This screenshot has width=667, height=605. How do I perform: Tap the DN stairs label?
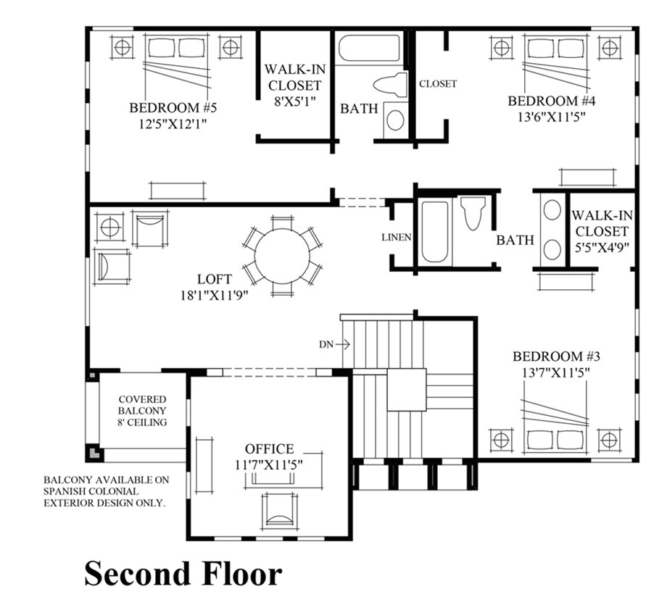click(x=325, y=344)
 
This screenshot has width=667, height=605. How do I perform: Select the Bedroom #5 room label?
click(x=173, y=108)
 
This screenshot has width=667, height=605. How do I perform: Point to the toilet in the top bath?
click(x=391, y=85)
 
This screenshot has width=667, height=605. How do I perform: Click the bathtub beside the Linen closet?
click(x=435, y=231)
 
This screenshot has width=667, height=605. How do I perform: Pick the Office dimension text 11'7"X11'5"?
click(x=269, y=463)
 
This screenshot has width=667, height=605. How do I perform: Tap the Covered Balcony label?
click(x=143, y=410)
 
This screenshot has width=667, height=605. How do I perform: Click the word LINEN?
click(x=397, y=238)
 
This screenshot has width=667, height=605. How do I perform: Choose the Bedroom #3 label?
click(x=557, y=356)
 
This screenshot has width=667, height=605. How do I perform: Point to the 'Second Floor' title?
click(x=183, y=574)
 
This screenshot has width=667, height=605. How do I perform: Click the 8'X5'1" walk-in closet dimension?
click(x=294, y=101)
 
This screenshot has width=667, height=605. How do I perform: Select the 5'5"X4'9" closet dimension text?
click(x=600, y=247)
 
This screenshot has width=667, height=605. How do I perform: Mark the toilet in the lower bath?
click(x=472, y=213)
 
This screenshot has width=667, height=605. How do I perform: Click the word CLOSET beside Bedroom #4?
click(x=438, y=83)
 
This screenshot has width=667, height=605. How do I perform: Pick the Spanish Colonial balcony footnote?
click(x=105, y=491)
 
